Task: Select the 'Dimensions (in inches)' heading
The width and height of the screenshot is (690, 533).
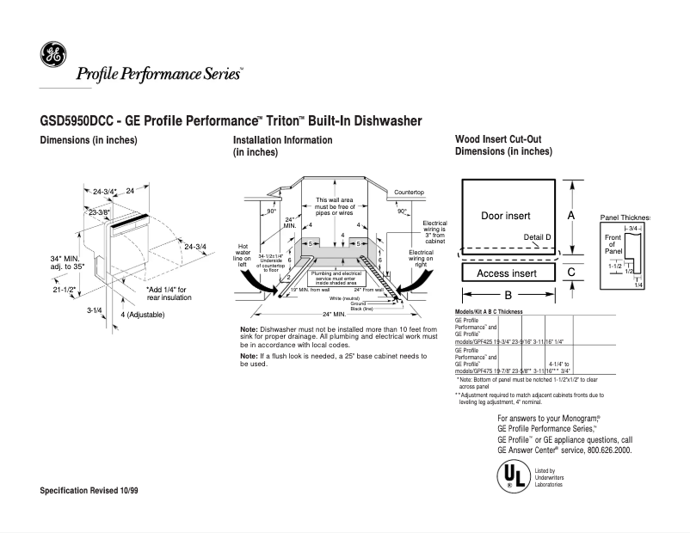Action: point(89,140)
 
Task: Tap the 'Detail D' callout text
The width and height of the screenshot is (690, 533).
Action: point(536,236)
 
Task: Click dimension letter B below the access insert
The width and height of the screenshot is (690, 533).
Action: point(508,295)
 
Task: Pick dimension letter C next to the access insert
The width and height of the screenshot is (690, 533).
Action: point(570,272)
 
